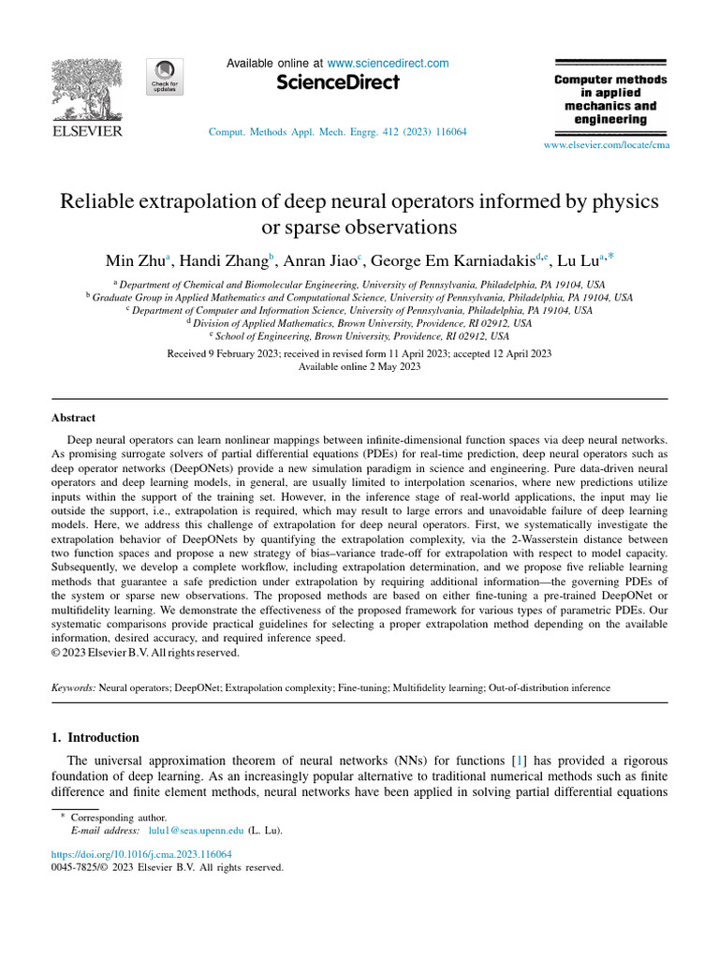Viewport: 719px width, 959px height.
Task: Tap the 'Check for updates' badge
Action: pos(165,77)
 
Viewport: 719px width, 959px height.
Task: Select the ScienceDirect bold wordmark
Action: pos(338,83)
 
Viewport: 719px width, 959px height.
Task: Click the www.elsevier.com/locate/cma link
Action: pos(607,145)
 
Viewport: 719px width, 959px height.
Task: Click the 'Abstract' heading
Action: pos(73,418)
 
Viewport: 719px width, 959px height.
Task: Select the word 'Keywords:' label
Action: pos(73,687)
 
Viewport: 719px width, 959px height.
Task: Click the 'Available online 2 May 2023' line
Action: pos(359,367)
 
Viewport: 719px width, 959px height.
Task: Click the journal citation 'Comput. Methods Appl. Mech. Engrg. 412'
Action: pos(337,132)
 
